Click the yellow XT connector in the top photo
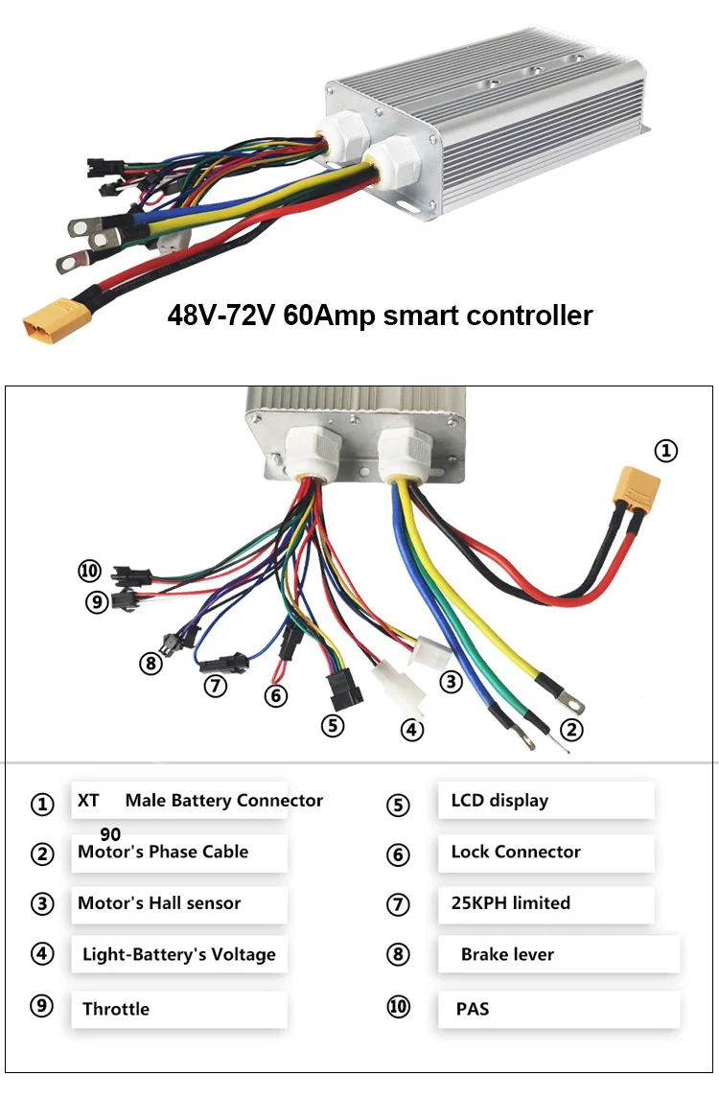coord(57,320)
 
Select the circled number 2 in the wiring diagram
coord(571,730)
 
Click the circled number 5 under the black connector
coord(333,725)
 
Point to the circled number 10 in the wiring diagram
coord(90,571)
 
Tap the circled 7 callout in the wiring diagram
coord(215,685)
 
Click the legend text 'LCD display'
coord(499,801)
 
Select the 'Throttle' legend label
coord(116,1009)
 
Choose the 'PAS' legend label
coord(473,1009)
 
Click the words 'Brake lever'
coord(507,954)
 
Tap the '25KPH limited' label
coord(510,902)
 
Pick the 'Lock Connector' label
coord(516,852)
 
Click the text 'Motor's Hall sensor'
coord(159,902)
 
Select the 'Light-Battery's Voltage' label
coord(178,954)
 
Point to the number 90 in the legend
coord(110,834)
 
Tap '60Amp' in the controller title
coord(330,316)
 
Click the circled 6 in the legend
coord(398,854)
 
